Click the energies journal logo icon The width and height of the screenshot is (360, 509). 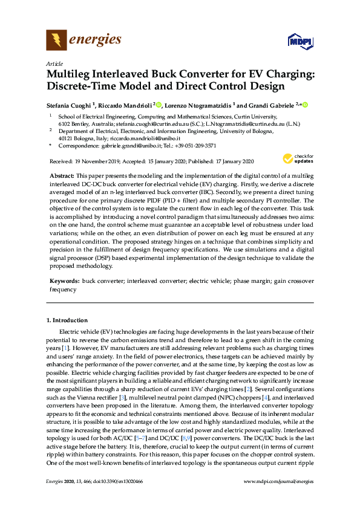click(x=57, y=41)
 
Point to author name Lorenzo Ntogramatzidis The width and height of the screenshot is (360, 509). click(x=197, y=105)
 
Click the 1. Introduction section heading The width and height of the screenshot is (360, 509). click(x=67, y=320)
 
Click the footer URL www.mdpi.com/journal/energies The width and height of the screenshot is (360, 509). click(x=278, y=498)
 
